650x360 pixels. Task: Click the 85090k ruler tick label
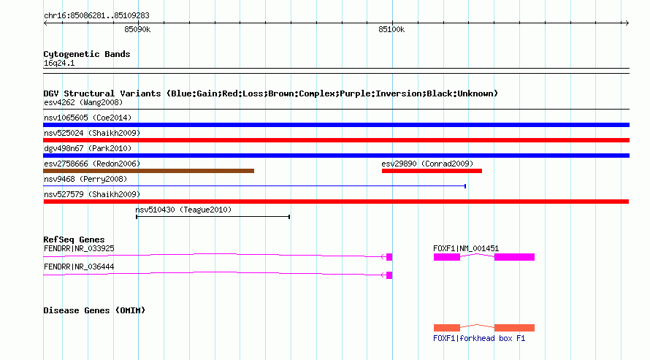tap(137, 30)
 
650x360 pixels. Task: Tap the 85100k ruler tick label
tap(391, 30)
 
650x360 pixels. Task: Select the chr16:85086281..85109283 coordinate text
tap(96, 16)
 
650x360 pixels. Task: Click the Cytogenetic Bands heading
tap(87, 54)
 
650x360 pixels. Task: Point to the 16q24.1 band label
tap(59, 64)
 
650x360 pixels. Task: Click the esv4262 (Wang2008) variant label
tap(83, 103)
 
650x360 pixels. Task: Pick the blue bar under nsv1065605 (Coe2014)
tap(336, 125)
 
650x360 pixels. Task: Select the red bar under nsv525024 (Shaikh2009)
tap(336, 140)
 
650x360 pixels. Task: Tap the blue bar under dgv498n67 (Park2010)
tap(336, 156)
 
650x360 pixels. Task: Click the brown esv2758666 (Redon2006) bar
tap(148, 171)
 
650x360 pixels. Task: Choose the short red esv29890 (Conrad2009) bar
tap(432, 171)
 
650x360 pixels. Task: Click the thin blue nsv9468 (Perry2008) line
tap(255, 186)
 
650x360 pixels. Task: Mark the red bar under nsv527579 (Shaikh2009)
tap(336, 202)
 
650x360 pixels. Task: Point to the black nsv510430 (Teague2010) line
tap(213, 217)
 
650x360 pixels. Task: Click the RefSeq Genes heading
tap(74, 240)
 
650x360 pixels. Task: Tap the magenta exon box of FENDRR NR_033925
tap(389, 257)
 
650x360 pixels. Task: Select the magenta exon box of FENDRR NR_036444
tap(389, 275)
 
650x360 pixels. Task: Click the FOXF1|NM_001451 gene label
tap(466, 248)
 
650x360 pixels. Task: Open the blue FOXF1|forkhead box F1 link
tap(479, 338)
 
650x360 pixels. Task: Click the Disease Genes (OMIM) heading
tap(94, 310)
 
